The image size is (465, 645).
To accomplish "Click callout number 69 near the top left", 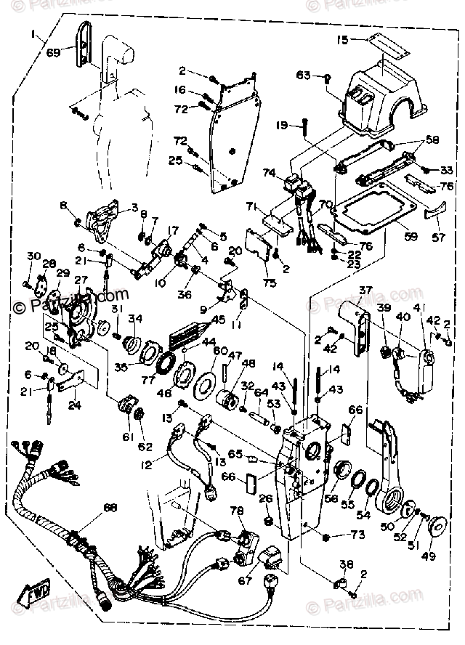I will tap(53, 52).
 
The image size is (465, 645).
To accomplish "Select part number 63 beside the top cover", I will tap(303, 74).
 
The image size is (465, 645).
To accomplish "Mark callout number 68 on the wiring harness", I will tap(110, 507).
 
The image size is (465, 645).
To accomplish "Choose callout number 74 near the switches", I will tap(269, 174).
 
